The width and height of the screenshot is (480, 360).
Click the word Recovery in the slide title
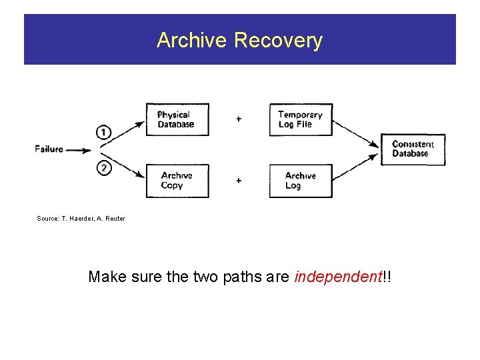coord(278,41)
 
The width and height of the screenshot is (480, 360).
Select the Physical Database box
coord(177,120)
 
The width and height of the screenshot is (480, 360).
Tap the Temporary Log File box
coord(300,120)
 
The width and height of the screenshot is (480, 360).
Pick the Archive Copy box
coord(177,181)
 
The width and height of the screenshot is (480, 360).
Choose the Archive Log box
coord(300,181)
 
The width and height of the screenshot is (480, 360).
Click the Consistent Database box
coord(413,149)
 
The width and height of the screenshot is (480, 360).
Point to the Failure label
coord(49,149)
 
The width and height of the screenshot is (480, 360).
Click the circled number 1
coord(104,132)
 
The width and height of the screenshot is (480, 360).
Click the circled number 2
coord(104,168)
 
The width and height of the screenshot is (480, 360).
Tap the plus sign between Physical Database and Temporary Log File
coord(239,119)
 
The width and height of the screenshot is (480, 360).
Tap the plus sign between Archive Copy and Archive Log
coord(239,181)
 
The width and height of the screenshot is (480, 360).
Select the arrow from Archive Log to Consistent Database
coord(356,167)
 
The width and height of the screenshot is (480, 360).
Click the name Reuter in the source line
coord(114,219)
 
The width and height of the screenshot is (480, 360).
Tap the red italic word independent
coord(337,277)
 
